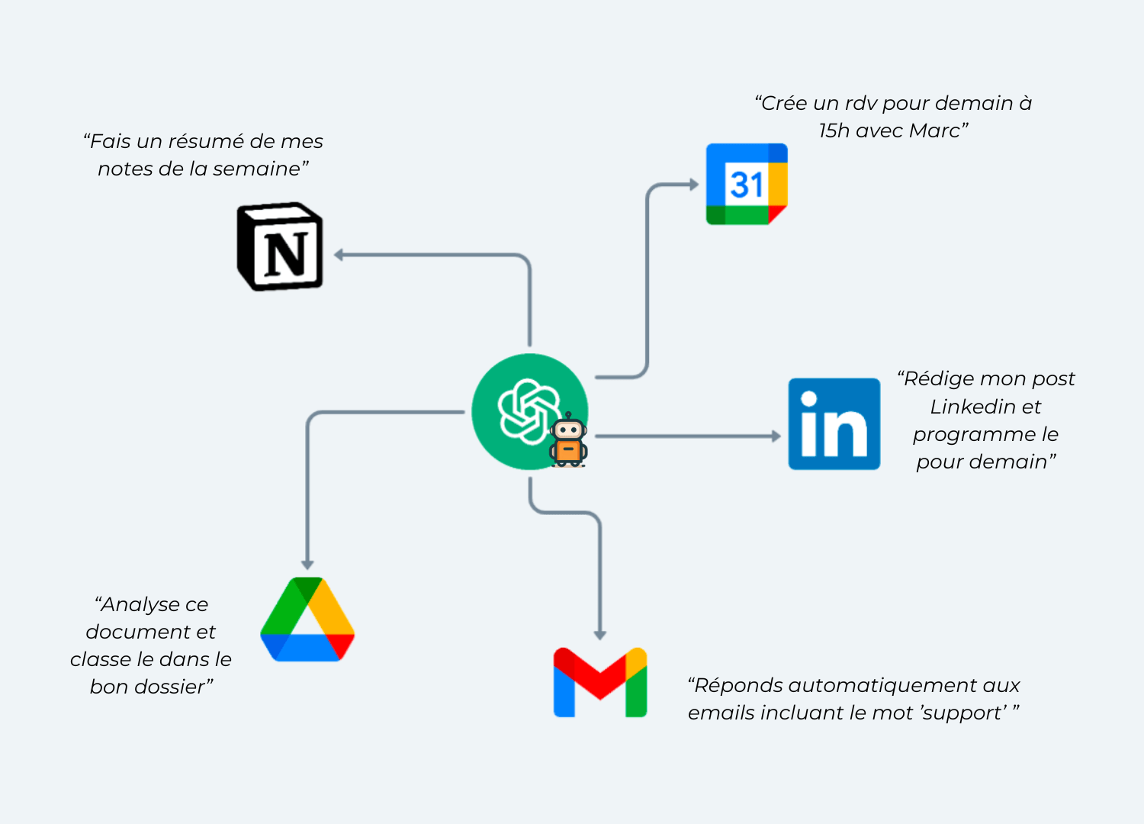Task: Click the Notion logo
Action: pos(281,246)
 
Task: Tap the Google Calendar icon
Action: pos(747,184)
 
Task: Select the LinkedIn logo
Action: pos(834,424)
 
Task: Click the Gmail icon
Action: pos(600,683)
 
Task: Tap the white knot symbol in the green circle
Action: pos(528,410)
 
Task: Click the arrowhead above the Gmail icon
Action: pos(600,634)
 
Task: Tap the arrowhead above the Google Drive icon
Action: pos(307,565)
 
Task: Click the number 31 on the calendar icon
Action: pos(745,185)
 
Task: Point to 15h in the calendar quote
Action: pos(834,131)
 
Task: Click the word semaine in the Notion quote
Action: pos(255,169)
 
